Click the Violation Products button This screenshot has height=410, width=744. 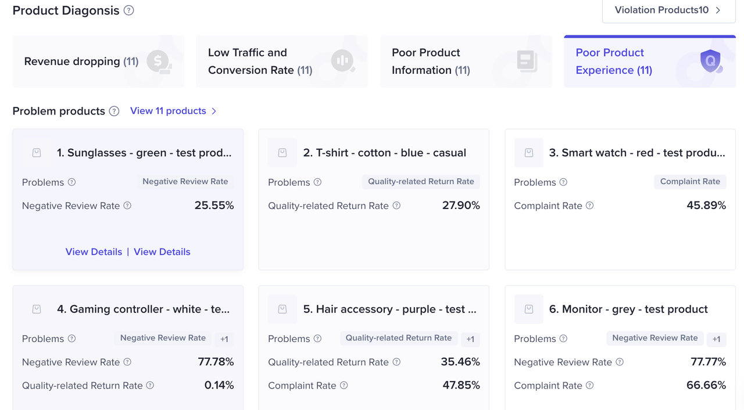668,10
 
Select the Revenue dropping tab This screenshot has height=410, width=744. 98,62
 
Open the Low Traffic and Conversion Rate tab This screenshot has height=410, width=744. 281,62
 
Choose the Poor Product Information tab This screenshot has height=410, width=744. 466,62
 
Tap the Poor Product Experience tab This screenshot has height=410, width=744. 649,62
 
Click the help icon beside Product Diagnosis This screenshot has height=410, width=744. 129,10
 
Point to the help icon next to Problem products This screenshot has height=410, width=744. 115,112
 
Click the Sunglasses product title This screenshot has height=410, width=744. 144,153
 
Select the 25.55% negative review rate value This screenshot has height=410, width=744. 214,206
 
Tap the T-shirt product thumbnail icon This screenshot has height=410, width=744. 282,153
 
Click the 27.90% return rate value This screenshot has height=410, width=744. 460,206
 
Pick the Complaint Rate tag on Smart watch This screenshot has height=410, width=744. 690,182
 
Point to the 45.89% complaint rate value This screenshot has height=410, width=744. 706,206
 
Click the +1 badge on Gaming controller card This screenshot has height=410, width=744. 224,339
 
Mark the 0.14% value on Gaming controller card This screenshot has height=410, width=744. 219,385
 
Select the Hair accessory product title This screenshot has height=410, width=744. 389,310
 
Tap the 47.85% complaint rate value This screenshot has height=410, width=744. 460,385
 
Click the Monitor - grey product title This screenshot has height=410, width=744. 628,310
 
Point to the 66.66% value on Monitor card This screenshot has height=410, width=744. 706,385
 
